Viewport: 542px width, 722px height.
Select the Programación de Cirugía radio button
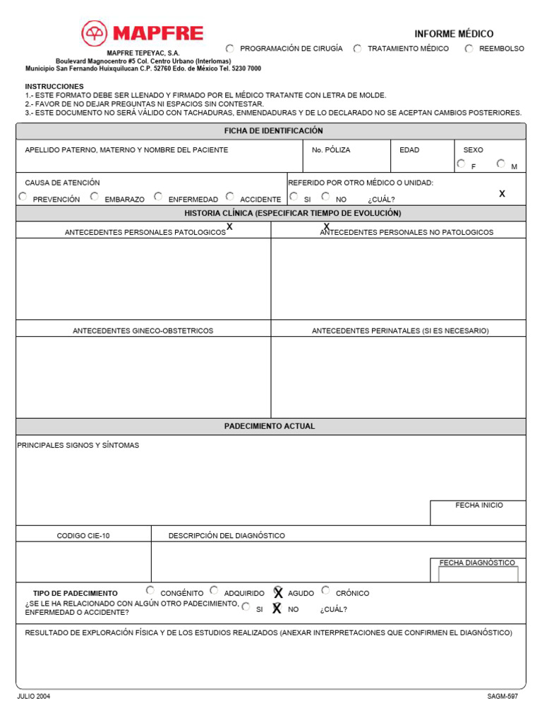click(x=230, y=49)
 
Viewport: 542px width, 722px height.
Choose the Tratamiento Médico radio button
click(x=358, y=49)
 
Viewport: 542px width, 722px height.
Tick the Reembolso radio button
click(x=469, y=49)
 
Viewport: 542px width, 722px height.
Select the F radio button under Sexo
click(x=461, y=164)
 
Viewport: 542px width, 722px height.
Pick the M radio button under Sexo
click(x=500, y=164)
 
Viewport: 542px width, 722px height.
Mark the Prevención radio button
click(x=23, y=197)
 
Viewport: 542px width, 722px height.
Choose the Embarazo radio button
click(x=95, y=197)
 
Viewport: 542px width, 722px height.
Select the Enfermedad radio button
click(x=158, y=197)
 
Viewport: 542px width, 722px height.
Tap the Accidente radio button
click(x=230, y=197)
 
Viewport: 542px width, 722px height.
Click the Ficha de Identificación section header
click(x=273, y=131)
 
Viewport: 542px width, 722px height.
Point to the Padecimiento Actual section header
click(x=270, y=427)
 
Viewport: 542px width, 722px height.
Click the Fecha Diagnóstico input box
click(x=478, y=575)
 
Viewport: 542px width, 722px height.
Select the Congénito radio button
click(x=150, y=590)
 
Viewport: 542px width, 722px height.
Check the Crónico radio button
click(x=325, y=590)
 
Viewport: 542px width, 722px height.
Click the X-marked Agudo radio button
click(x=278, y=592)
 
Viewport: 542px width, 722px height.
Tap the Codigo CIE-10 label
click(x=83, y=536)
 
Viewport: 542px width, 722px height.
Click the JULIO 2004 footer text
click(x=34, y=697)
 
